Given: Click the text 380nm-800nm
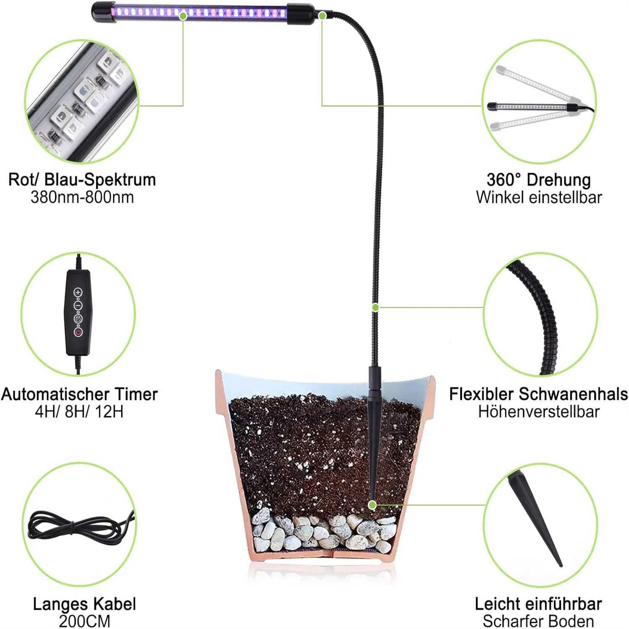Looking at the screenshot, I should point(82,197).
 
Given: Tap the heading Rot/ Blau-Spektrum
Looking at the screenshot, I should point(82,179).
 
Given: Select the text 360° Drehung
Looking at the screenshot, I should point(538,179).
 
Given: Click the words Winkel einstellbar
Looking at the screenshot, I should point(538,197).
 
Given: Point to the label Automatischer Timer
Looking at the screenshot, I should point(79,394).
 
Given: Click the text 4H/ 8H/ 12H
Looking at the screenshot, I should point(79,412).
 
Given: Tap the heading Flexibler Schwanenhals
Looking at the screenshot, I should point(538,394).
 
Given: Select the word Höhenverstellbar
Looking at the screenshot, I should point(538,412).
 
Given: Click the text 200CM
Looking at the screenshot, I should point(84,621).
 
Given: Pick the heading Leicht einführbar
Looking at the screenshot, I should point(538,604).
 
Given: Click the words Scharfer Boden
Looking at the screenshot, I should point(538,621).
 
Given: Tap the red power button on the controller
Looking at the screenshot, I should point(78,332).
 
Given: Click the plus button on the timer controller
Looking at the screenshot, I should point(78,292).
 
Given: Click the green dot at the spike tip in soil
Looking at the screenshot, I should point(372,505).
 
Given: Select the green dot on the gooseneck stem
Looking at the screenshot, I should point(375,308).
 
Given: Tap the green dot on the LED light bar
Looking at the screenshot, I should point(183,16).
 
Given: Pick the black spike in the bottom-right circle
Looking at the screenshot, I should point(534,518).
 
